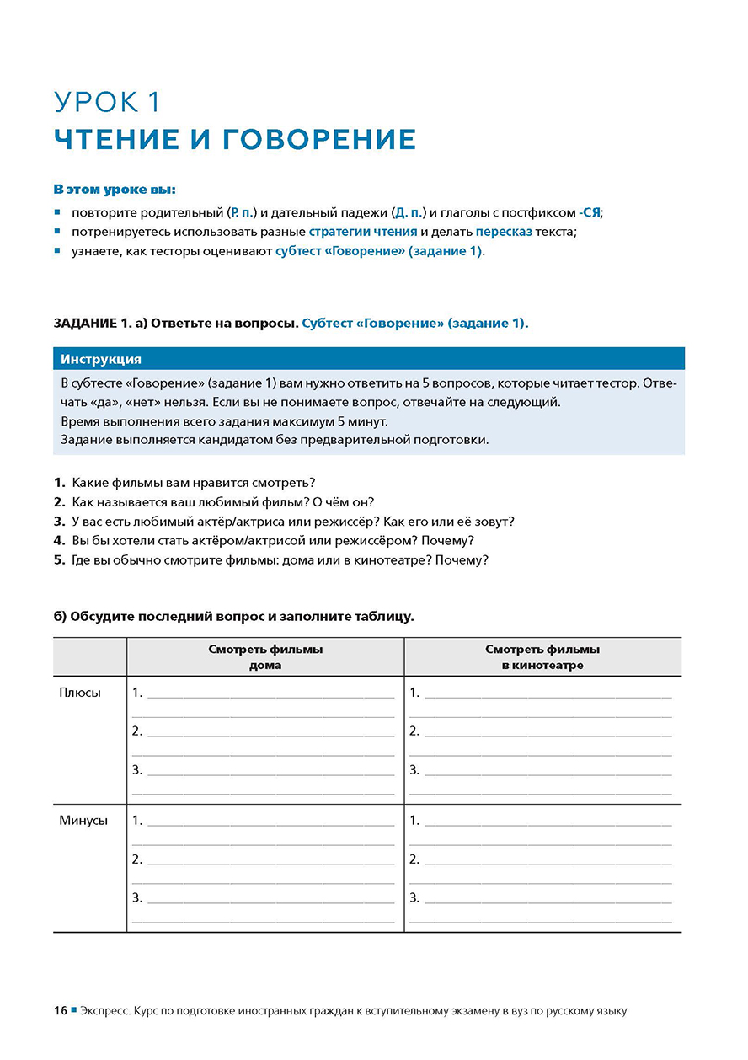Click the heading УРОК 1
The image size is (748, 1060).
pos(107,102)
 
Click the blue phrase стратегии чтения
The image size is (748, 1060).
pos(363,232)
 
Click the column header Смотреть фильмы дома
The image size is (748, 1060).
pos(265,657)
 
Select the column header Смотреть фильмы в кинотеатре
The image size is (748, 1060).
pos(542,657)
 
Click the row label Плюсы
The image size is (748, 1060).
pos(80,693)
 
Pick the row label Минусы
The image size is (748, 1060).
pos(83,821)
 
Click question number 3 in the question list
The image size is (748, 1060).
pos(59,522)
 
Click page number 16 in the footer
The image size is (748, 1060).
pos(61,1010)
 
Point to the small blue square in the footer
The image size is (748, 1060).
pos(73,1009)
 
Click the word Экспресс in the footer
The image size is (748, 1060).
pos(104,1010)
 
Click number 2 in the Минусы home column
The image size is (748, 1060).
pos(137,859)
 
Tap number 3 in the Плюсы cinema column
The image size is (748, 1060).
pos(414,770)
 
